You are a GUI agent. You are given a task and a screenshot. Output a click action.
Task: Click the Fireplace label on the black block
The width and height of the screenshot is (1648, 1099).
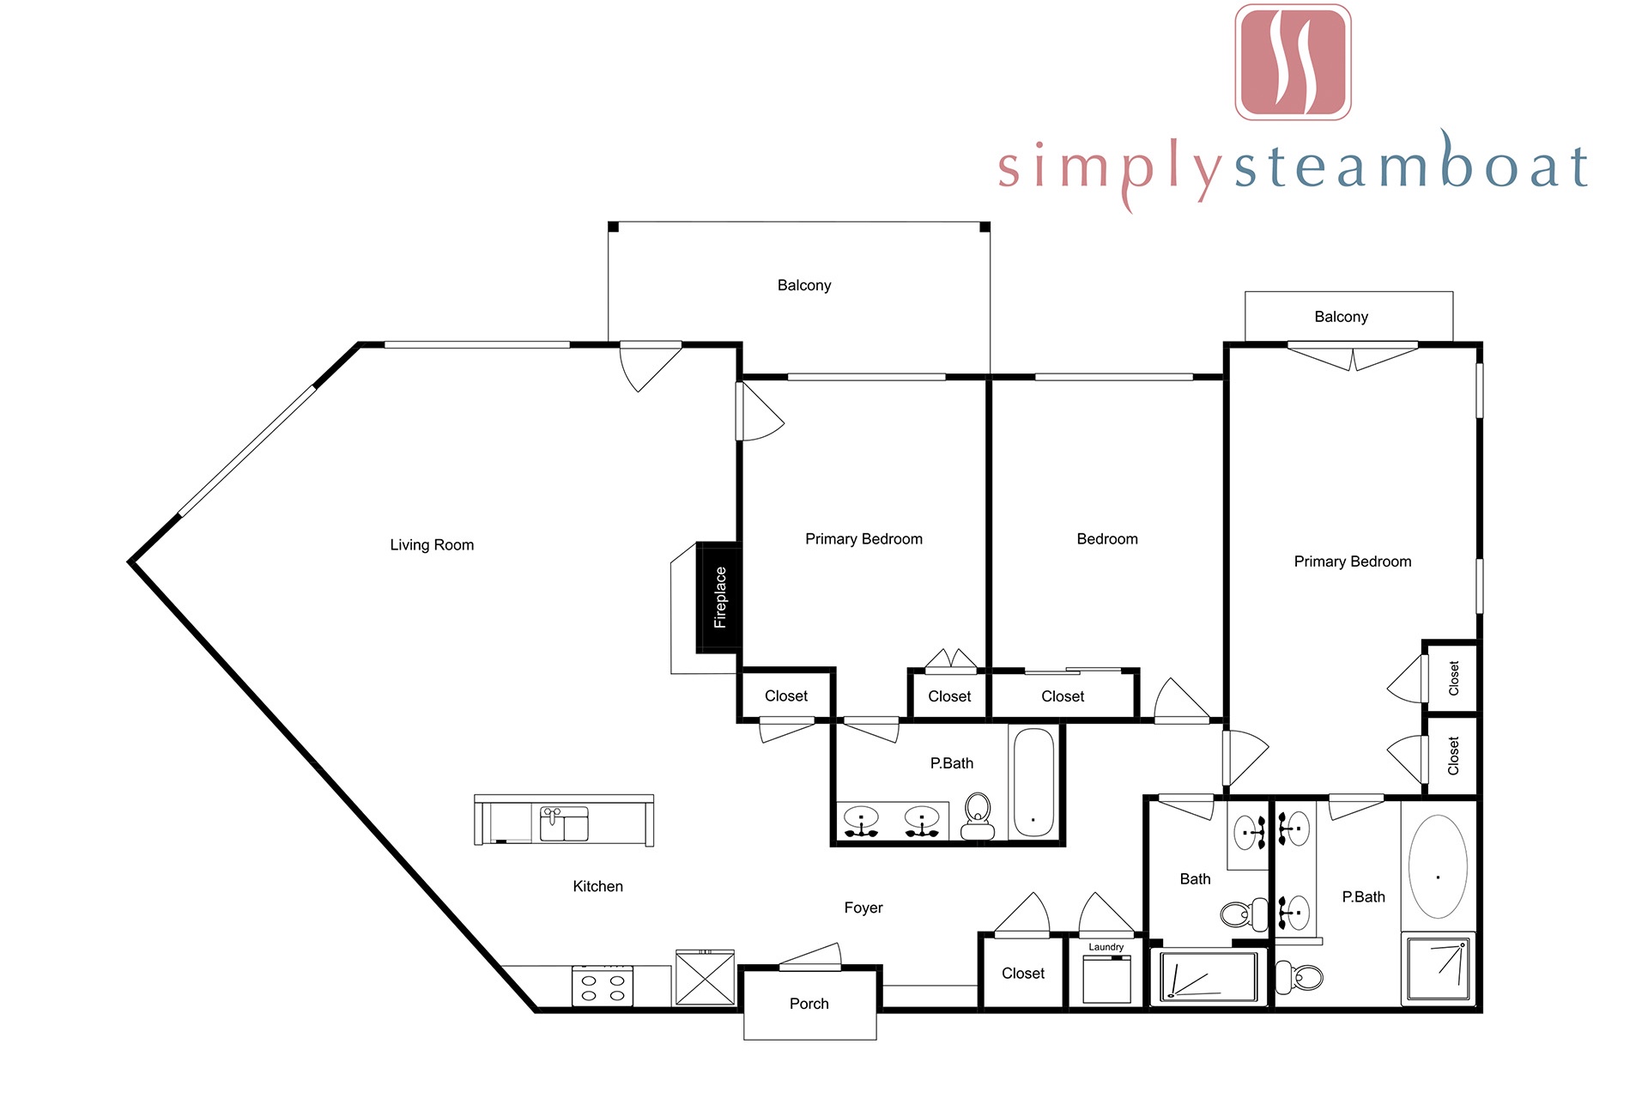(720, 598)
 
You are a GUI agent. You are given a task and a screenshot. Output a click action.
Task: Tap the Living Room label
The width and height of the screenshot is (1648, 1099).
(432, 545)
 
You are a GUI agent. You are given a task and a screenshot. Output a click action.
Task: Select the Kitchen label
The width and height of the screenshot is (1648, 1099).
(598, 886)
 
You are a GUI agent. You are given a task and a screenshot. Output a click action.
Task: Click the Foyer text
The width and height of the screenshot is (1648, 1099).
(863, 908)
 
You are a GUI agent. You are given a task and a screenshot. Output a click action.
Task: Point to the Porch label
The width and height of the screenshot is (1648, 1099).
(809, 1004)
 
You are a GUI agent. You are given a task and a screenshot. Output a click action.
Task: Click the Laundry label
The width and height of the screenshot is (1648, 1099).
(1106, 947)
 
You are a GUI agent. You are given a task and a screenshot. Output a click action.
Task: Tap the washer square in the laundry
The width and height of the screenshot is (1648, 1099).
(1107, 979)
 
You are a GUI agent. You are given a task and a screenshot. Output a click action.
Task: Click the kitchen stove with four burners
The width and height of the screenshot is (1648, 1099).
(603, 986)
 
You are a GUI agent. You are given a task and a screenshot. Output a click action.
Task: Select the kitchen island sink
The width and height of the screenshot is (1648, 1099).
(564, 823)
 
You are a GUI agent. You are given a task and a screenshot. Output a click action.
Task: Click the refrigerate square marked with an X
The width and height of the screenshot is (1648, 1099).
(705, 977)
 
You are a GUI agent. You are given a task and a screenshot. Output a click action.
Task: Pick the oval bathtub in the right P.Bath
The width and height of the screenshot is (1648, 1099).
(1439, 866)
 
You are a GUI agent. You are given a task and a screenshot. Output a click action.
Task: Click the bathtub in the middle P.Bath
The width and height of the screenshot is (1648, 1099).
(1033, 782)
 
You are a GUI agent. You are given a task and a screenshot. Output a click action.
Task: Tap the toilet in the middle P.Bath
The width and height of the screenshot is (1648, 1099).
(978, 817)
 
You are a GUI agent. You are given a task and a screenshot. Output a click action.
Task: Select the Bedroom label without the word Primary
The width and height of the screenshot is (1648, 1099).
(1107, 539)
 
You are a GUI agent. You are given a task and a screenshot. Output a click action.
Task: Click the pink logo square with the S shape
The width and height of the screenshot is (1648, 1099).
(1293, 62)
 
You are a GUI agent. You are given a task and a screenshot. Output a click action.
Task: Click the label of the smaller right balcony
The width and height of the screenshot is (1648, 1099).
(1342, 317)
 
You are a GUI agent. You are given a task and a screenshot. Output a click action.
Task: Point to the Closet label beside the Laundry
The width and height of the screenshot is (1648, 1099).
(1023, 974)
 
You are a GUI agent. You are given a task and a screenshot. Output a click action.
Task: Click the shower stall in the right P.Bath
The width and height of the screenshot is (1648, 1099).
(1439, 968)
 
